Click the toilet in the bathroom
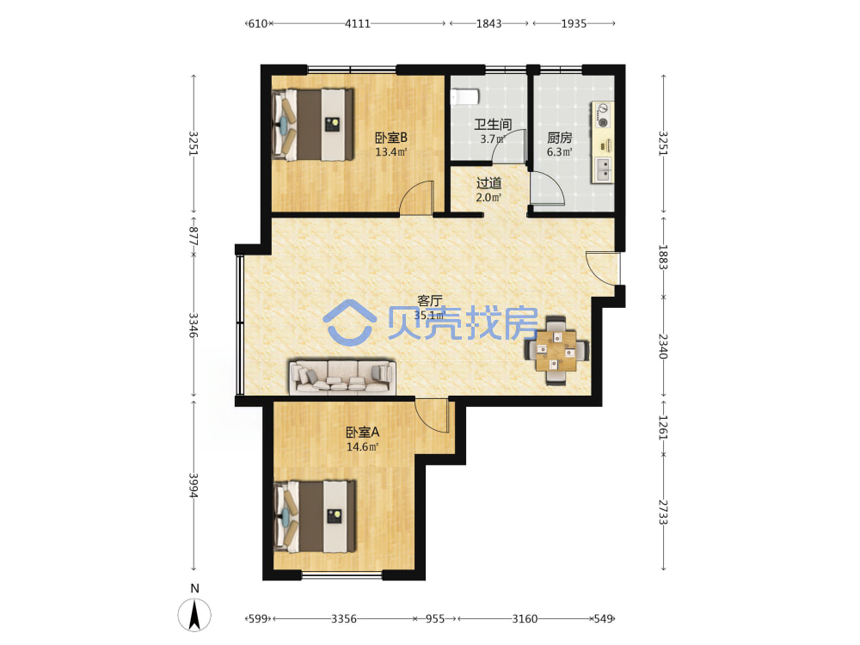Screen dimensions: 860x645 (x=464, y=96)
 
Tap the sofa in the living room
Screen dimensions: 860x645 (x=343, y=377)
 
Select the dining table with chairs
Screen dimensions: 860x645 (x=556, y=349)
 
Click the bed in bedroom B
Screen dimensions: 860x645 (x=313, y=125)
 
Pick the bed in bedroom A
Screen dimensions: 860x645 (x=315, y=516)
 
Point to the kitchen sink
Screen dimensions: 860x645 (x=603, y=169)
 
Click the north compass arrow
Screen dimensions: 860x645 (x=194, y=615)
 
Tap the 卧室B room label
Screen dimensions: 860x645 (x=391, y=138)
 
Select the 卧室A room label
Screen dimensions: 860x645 (x=363, y=433)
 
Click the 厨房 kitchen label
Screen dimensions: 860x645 (x=560, y=138)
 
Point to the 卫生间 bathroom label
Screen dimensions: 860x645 (x=493, y=125)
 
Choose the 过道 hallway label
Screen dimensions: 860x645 (x=488, y=182)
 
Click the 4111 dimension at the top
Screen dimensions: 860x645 (x=358, y=23)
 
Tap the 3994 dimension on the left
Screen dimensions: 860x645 (x=193, y=485)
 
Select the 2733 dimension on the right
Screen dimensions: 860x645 (x=663, y=513)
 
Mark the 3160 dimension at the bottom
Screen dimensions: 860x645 (x=525, y=618)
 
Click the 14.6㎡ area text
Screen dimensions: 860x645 (x=363, y=447)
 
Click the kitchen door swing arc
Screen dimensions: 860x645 (x=547, y=188)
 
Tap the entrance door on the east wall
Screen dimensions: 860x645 (x=603, y=268)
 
